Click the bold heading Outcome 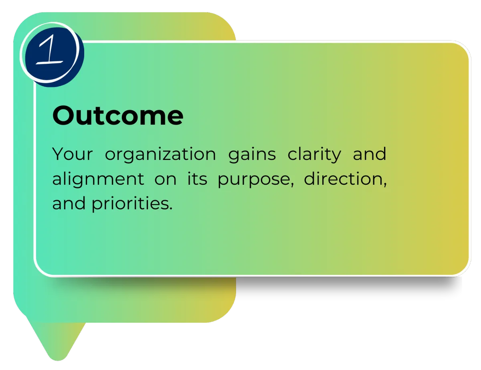point(117,115)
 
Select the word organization point(160,155)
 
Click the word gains point(252,155)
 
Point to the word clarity point(314,154)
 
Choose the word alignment point(98,179)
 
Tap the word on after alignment point(166,179)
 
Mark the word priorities point(130,204)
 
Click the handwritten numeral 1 point(50,50)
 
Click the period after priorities point(171,208)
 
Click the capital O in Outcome point(63,115)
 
